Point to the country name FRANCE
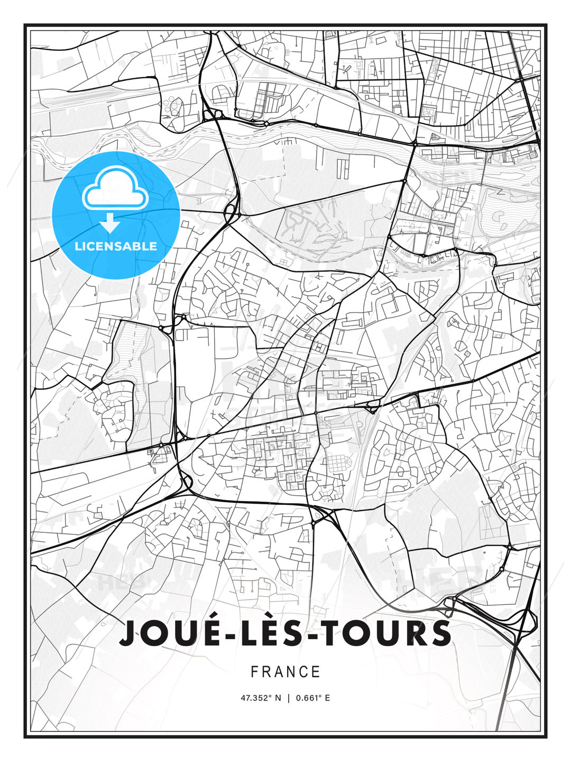285,672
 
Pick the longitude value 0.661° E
313,698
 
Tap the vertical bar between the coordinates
289,698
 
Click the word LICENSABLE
116,246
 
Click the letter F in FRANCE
254,672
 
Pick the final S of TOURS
440,633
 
